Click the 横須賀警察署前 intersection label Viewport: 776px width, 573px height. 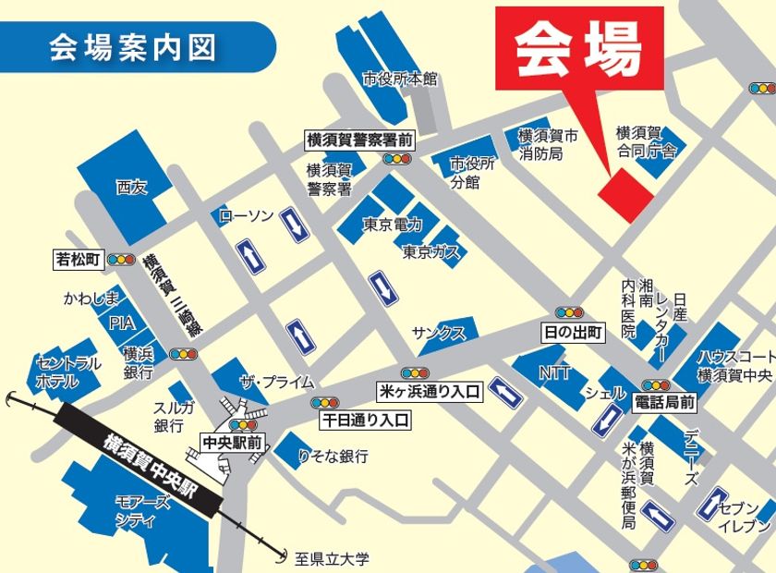point(359,140)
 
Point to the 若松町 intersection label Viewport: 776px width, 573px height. point(78,260)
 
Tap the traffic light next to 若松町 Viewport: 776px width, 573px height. point(121,260)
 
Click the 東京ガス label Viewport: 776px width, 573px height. point(430,251)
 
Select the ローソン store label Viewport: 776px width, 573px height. point(247,215)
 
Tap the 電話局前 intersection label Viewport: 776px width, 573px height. point(664,403)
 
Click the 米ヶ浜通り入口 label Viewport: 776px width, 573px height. point(430,392)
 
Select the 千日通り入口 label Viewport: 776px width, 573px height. point(365,421)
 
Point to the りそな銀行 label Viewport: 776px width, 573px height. point(333,457)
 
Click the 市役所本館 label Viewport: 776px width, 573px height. point(400,79)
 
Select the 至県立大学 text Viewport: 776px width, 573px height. point(332,558)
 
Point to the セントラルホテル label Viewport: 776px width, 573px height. point(67,372)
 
